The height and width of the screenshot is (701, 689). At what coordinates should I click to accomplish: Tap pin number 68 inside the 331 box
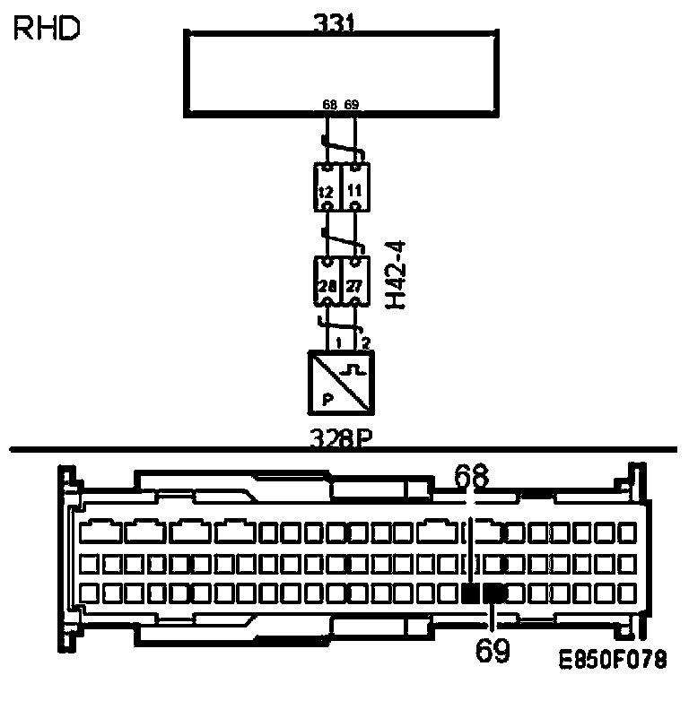click(329, 106)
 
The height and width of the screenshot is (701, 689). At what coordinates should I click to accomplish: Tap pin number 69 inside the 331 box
click(352, 106)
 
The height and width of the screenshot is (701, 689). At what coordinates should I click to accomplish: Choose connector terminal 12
click(327, 189)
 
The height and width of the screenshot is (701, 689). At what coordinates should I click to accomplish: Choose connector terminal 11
click(356, 189)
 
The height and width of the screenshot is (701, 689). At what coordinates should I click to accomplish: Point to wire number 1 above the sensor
click(338, 342)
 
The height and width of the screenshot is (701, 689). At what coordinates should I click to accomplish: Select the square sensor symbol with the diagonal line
click(341, 383)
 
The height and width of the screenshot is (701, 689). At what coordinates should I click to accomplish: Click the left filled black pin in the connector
click(471, 593)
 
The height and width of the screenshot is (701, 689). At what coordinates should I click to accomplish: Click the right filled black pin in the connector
click(493, 593)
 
